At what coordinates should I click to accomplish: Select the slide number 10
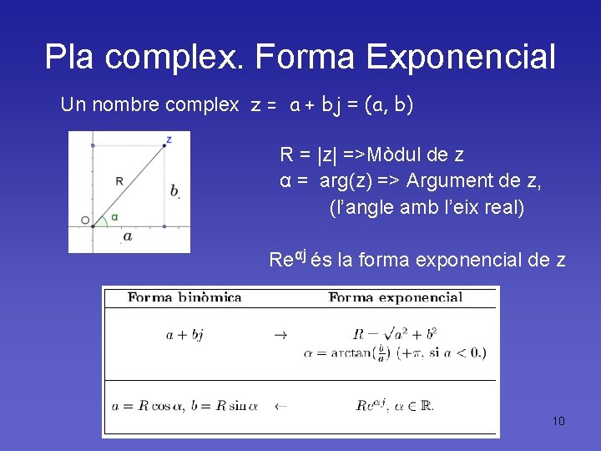pos(558,421)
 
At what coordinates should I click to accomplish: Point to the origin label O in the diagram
pos(85,220)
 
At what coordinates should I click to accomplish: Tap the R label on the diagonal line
pos(119,180)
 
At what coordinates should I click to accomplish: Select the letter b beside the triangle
pos(174,191)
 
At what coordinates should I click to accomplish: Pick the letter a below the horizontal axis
pos(127,237)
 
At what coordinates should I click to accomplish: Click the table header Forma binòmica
pos(184,297)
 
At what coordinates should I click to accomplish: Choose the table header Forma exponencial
pos(395,297)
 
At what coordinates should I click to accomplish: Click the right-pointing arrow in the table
pos(280,335)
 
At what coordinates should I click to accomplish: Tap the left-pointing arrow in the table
pos(280,407)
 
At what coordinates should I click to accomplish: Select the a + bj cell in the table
pos(184,335)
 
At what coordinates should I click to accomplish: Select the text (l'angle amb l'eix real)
pos(427,207)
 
